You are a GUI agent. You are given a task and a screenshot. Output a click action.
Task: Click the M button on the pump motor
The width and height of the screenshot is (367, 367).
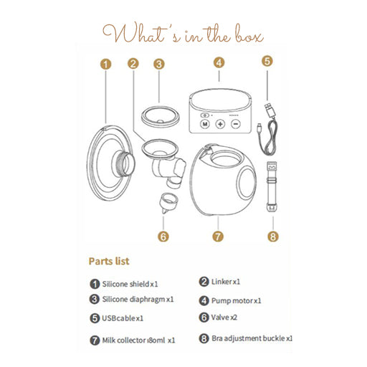tap(205, 124)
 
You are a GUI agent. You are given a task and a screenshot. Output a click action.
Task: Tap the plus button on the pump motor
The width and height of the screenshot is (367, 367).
tap(220, 124)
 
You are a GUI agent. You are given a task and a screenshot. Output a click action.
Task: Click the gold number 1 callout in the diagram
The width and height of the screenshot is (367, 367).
tap(106, 65)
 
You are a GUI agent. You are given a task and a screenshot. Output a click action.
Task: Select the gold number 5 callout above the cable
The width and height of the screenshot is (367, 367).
tap(267, 61)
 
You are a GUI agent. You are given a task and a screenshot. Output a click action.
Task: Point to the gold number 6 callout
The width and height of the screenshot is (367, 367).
tap(163, 237)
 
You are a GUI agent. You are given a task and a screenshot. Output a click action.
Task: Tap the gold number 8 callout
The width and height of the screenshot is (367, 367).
tap(273, 237)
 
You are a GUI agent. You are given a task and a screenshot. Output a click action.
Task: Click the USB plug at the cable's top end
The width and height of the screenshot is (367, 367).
tap(270, 110)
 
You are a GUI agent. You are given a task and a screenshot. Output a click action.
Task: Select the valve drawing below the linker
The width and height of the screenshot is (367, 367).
tap(168, 203)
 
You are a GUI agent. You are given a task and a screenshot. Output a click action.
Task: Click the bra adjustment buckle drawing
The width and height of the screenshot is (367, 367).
tap(272, 186)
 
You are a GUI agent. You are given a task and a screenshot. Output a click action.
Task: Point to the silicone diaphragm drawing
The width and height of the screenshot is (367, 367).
tap(160, 117)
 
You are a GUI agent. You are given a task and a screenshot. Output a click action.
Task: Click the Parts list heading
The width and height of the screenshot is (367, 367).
tap(109, 261)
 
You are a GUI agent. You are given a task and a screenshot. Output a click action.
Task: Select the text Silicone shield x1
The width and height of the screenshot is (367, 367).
tap(130, 284)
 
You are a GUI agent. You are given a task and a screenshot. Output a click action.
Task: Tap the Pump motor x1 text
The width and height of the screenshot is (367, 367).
tap(236, 300)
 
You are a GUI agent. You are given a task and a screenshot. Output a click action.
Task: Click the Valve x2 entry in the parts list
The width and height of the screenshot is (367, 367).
tap(224, 318)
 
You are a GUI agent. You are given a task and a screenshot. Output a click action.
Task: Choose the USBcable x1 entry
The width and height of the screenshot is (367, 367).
tap(123, 318)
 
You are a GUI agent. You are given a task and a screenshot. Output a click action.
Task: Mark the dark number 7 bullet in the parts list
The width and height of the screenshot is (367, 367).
tap(95, 340)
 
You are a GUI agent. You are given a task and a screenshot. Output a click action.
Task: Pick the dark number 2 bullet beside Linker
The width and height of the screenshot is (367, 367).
tap(204, 282)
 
